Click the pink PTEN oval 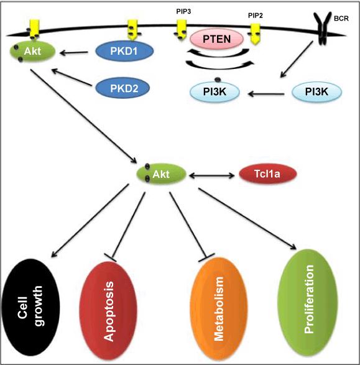click(216, 39)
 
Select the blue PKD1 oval click(124, 51)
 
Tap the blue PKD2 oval click(122, 88)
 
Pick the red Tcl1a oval click(268, 173)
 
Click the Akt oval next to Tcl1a click(161, 174)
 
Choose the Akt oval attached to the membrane click(32, 51)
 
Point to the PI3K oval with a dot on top click(215, 91)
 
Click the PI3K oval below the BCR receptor click(316, 91)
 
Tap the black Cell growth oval click(30, 307)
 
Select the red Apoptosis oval click(108, 311)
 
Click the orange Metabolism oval click(218, 308)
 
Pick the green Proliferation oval click(308, 302)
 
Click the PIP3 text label click(183, 11)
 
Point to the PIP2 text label click(256, 16)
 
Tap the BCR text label click(341, 19)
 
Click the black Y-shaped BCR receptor click(322, 28)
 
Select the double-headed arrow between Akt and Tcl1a click(212, 175)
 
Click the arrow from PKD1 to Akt click(74, 53)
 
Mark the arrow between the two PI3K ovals click(266, 94)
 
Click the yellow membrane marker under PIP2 click(256, 34)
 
